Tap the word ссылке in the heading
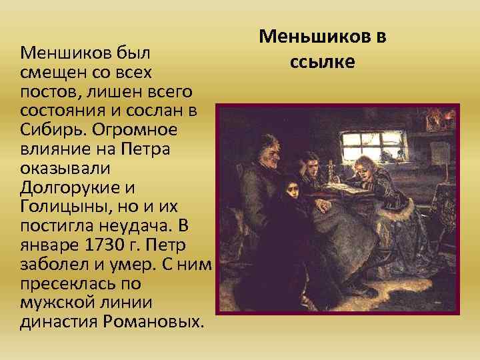pos(323,62)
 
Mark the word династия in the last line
pos(53,322)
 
